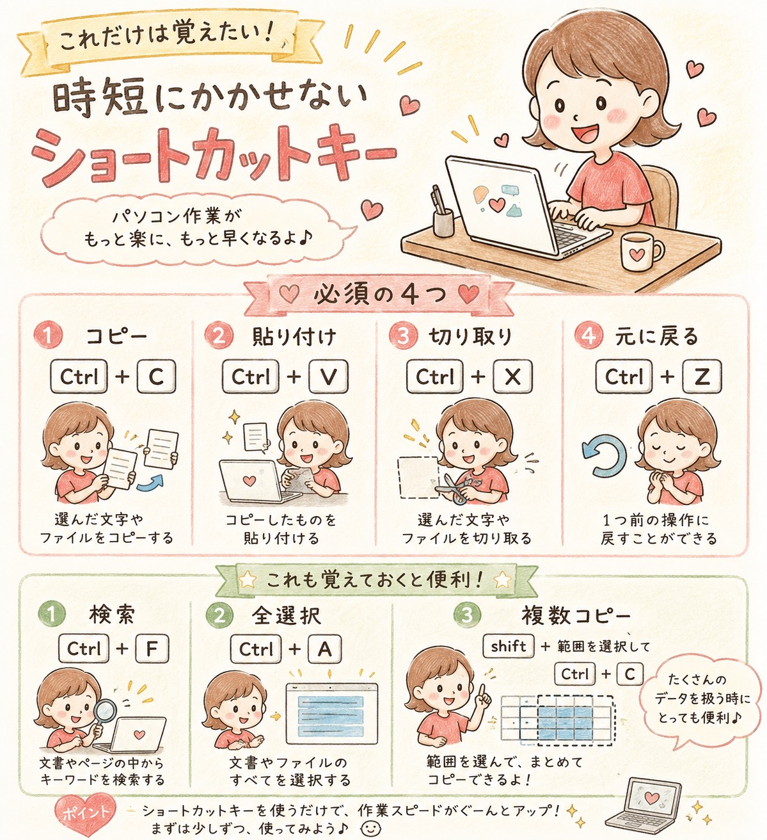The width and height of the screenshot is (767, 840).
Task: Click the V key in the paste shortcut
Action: (328, 376)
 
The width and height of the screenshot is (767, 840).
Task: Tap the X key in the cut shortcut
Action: (513, 376)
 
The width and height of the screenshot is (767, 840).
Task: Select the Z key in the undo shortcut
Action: (702, 376)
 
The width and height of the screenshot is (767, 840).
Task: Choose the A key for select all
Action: (325, 649)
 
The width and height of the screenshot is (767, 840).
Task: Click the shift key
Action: (509, 646)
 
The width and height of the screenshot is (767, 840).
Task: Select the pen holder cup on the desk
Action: (444, 222)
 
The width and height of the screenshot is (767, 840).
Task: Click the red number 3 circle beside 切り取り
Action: (402, 335)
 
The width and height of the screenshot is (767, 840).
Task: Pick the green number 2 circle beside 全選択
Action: (219, 615)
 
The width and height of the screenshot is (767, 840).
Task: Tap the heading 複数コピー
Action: (576, 615)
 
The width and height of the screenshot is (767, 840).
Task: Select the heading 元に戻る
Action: (656, 336)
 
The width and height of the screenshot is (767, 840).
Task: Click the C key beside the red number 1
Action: (156, 376)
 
